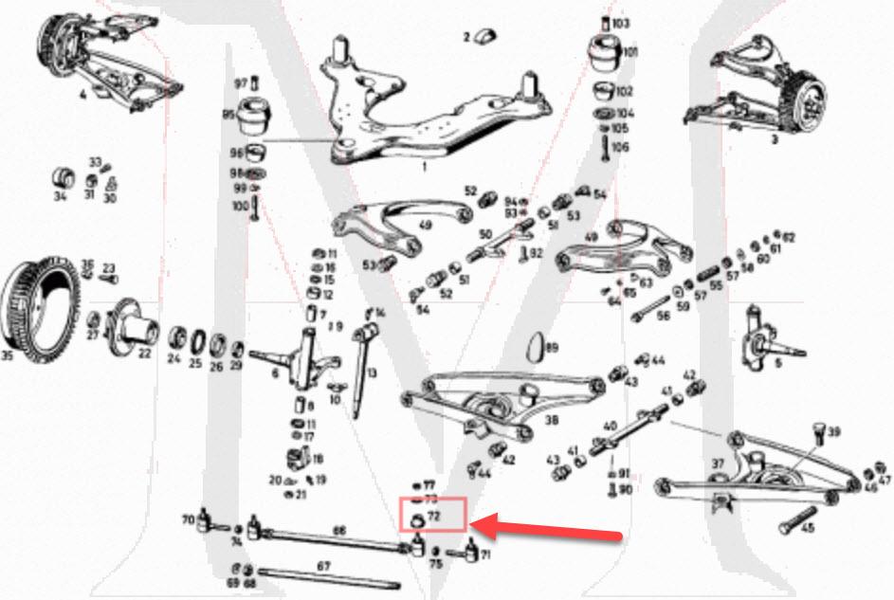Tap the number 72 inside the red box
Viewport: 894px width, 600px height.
point(434,517)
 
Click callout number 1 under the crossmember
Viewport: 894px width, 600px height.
point(424,166)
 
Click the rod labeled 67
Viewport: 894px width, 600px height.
point(322,577)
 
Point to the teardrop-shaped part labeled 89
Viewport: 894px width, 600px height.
point(535,348)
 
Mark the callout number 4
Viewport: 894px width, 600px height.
point(82,95)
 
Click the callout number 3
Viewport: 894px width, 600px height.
point(775,138)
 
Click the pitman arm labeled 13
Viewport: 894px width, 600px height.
point(360,365)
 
